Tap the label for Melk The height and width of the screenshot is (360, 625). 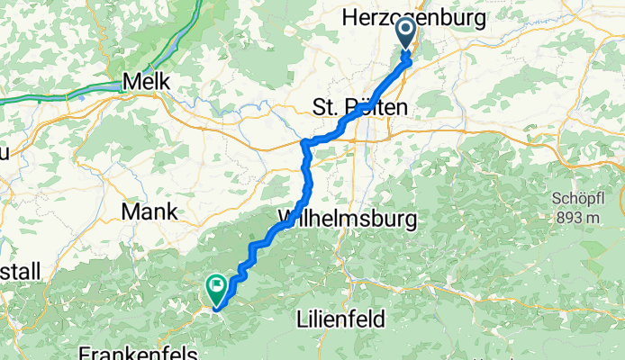(146, 80)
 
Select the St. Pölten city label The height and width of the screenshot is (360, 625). (359, 107)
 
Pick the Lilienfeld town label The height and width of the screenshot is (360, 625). (340, 319)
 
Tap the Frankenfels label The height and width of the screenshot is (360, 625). (132, 351)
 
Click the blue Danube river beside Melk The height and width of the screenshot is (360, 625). (90, 93)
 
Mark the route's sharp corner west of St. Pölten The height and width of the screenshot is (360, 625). (304, 143)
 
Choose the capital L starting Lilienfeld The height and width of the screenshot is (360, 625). (302, 319)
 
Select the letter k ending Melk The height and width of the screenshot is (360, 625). (164, 80)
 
